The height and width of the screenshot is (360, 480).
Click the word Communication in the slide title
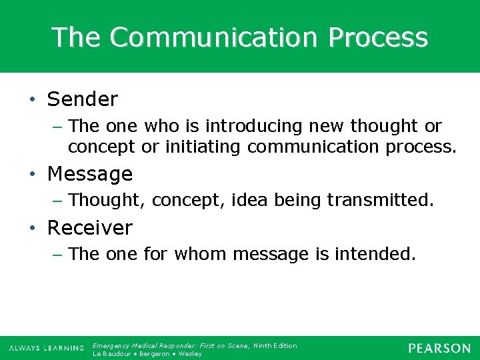click(x=215, y=37)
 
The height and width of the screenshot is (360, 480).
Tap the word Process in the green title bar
click(x=377, y=37)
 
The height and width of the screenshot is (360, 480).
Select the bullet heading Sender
click(x=82, y=100)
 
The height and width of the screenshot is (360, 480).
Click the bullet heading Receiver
click(x=89, y=228)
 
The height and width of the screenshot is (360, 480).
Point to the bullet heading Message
click(x=89, y=175)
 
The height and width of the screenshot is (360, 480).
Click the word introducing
click(x=256, y=126)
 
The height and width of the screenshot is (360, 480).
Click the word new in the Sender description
click(x=331, y=126)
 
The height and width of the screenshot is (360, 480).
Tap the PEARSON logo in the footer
click(x=439, y=349)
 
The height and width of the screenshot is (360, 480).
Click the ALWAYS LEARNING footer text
click(x=47, y=349)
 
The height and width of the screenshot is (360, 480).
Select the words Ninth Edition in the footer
click(x=275, y=345)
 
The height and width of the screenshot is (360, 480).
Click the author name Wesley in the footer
click(x=190, y=353)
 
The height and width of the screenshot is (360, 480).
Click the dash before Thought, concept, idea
click(x=58, y=200)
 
